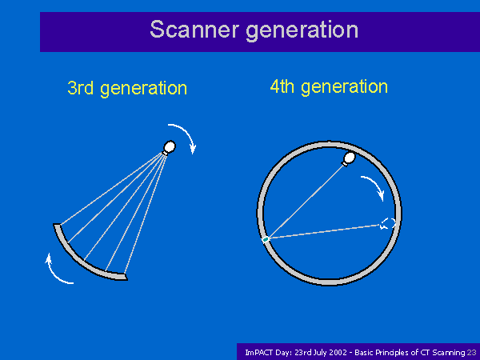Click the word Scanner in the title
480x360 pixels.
click(194, 30)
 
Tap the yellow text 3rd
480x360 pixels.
click(80, 88)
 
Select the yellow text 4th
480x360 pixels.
click(282, 86)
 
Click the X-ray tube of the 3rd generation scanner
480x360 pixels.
click(169, 147)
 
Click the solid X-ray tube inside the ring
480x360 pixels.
click(348, 158)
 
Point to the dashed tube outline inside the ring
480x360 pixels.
click(387, 224)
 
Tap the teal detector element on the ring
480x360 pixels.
click(266, 239)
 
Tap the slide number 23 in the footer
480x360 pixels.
click(471, 352)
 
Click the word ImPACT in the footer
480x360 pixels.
click(259, 352)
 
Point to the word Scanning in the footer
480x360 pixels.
click(449, 353)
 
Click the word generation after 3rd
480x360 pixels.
click(143, 89)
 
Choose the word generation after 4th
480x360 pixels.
click(344, 87)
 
